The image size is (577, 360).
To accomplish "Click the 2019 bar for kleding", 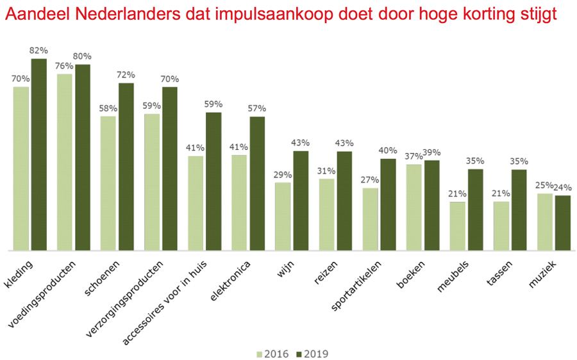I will pyautogui.click(x=39, y=154).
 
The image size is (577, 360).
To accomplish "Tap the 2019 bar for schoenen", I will pyautogui.click(x=126, y=167).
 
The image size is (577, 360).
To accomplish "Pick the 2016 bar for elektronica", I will pyautogui.click(x=239, y=202).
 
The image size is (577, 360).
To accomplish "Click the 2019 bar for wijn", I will pyautogui.click(x=301, y=200).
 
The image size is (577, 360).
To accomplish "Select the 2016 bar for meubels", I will pyautogui.click(x=457, y=226).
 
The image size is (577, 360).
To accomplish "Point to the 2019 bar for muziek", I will pyautogui.click(x=562, y=223).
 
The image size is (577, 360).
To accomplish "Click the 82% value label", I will pyautogui.click(x=40, y=50).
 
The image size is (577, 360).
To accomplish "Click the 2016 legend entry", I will pyautogui.click(x=273, y=354).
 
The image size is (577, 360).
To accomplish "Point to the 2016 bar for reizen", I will pyautogui.click(x=326, y=215).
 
